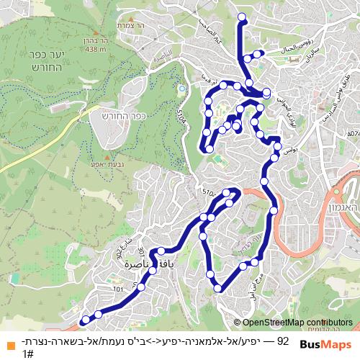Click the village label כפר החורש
[130, 114]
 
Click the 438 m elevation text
[96, 50]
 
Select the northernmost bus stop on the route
[241, 17]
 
